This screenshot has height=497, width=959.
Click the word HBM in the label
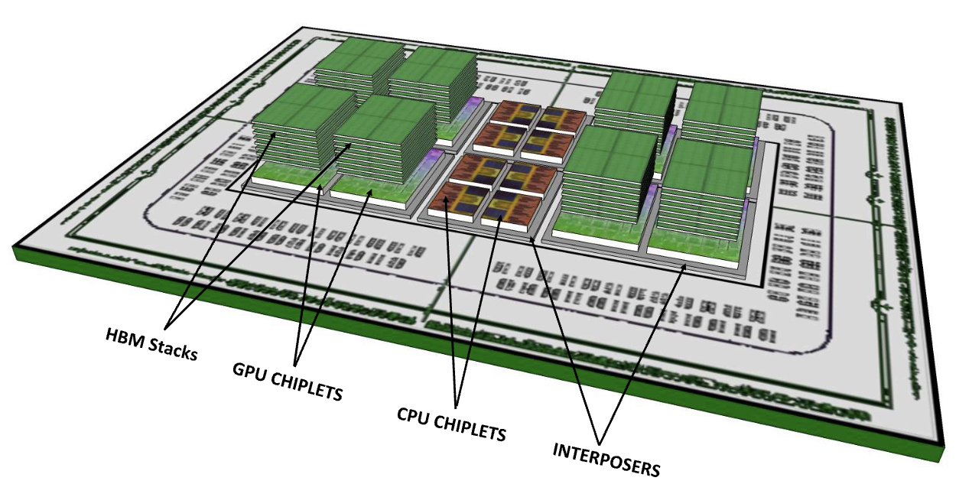coord(123,337)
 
